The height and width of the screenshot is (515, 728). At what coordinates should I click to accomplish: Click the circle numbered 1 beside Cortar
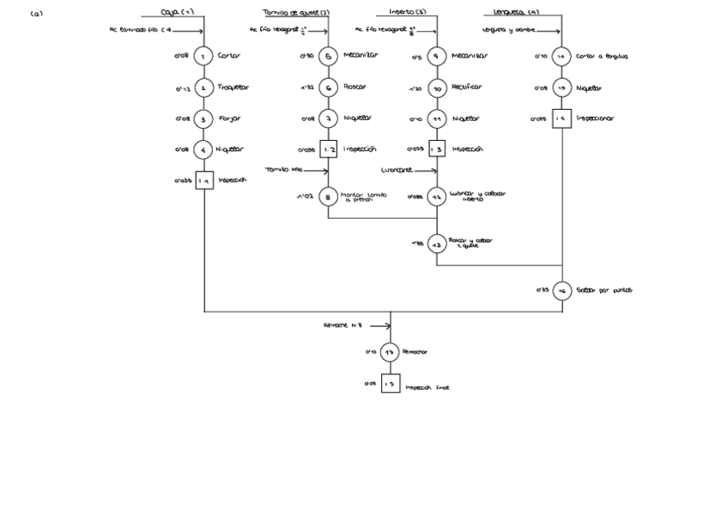point(203,57)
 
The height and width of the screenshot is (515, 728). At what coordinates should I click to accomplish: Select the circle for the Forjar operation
point(203,119)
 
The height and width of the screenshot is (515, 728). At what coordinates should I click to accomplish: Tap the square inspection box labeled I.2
point(328,149)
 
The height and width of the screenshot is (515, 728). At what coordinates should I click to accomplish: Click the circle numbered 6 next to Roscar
point(328,88)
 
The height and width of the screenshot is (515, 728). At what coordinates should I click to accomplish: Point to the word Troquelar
point(235,88)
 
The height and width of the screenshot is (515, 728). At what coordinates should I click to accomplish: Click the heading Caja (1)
point(177,12)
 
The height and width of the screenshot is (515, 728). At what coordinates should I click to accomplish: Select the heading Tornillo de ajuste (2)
point(296,12)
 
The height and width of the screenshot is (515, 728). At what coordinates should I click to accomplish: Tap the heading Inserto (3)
point(407,12)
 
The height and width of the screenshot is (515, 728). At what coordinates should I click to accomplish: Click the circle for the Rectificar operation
point(437,88)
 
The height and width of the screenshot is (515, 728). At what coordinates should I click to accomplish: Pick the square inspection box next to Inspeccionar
point(561,119)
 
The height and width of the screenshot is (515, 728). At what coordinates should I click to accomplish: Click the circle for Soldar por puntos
point(562,291)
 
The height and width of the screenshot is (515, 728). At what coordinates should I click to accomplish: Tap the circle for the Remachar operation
point(391,352)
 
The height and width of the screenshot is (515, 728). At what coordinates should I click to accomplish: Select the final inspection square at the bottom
point(391,385)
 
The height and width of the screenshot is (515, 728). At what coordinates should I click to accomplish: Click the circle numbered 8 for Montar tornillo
point(328,197)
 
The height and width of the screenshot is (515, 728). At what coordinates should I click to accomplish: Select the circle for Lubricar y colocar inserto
point(437,197)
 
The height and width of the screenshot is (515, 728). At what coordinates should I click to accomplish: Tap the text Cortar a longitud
point(601,57)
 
